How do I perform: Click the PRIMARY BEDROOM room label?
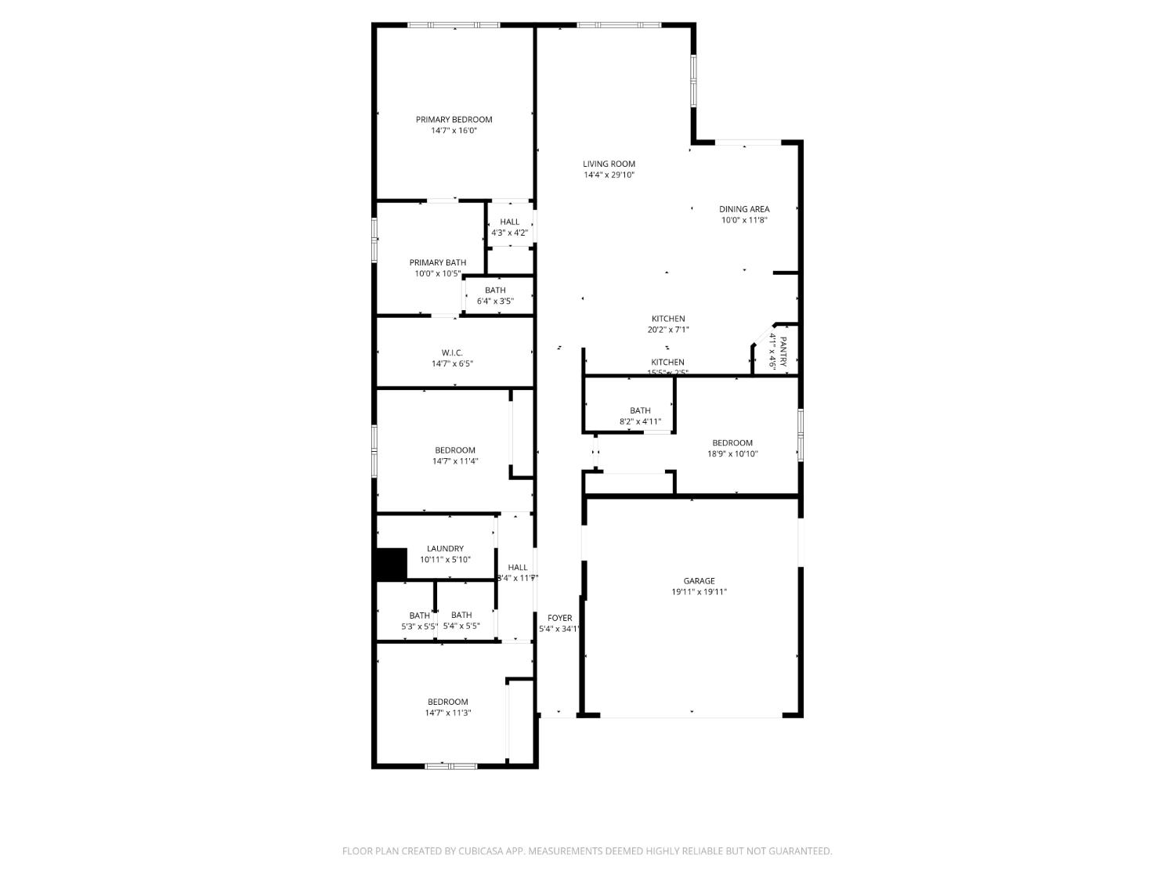[x=454, y=120]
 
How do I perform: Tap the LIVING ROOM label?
[x=609, y=164]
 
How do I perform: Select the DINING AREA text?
[x=744, y=209]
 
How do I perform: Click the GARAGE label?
[x=699, y=581]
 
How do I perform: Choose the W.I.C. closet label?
[x=452, y=353]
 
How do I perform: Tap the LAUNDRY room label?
[x=445, y=549]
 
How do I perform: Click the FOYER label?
[x=559, y=619]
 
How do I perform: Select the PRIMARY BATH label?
[x=437, y=263]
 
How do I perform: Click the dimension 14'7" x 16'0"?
[x=454, y=131]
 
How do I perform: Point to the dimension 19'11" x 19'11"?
[x=699, y=592]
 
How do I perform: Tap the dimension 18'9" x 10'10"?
[x=732, y=454]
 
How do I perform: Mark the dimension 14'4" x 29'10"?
[x=609, y=175]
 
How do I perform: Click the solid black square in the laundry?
[x=392, y=564]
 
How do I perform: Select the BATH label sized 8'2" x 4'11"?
[x=640, y=411]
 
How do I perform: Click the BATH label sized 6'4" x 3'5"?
[x=495, y=291]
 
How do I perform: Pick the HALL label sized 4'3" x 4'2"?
[x=509, y=222]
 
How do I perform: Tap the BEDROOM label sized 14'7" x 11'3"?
[x=447, y=702]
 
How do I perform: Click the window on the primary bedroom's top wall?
[x=454, y=25]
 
